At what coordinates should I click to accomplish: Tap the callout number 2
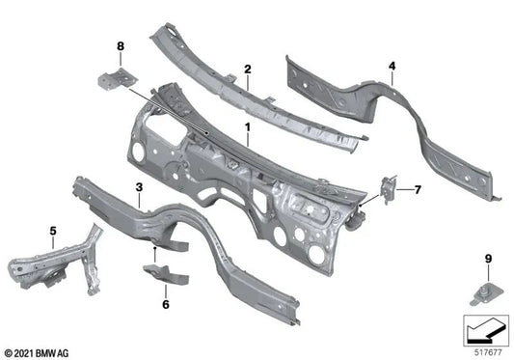tap(247, 69)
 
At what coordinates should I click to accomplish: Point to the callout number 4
tap(392, 67)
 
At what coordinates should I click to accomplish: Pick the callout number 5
tap(52, 230)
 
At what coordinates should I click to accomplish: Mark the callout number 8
tap(121, 45)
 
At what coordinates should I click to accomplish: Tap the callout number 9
tap(488, 258)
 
